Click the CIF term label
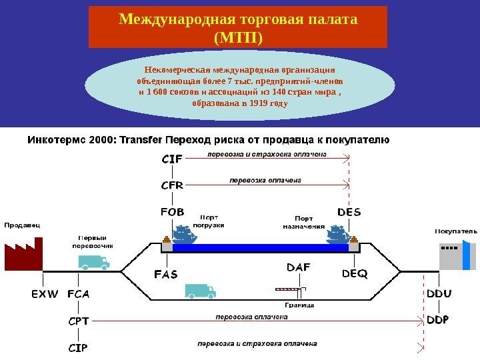point(172,159)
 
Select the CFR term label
point(172,186)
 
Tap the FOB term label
point(172,213)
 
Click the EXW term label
point(45,293)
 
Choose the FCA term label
point(78,293)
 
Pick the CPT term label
point(79,321)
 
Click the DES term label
point(349,213)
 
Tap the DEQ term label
point(355,274)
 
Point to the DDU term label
point(438,293)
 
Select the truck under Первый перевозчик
point(93,261)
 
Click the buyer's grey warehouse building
point(454,257)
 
